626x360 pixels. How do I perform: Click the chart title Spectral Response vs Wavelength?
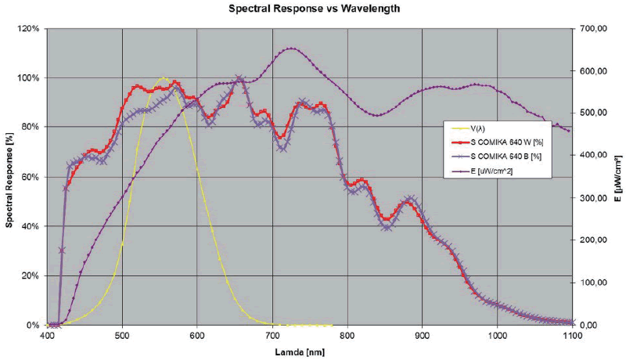pos(312,9)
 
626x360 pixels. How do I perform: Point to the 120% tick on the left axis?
pos(30,28)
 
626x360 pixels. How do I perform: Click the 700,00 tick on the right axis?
pos(592,28)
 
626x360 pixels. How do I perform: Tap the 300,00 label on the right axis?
pos(592,198)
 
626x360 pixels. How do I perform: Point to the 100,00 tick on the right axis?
pos(592,283)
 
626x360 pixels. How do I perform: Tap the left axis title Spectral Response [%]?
pos(9,177)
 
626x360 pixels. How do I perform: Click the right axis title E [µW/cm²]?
pos(618,177)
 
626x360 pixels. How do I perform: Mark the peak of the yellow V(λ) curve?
pos(163,77)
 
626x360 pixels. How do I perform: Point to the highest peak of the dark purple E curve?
pos(291,49)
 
